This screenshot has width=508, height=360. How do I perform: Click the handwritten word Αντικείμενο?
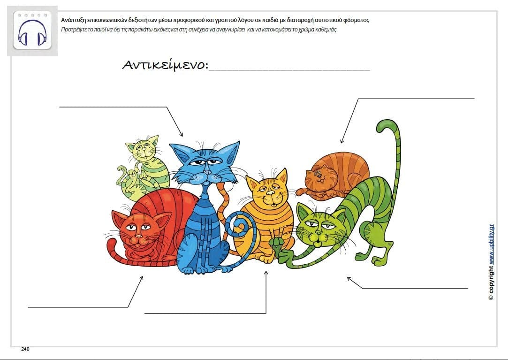pyautogui.click(x=165, y=65)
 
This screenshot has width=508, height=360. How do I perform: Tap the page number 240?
pyautogui.click(x=25, y=349)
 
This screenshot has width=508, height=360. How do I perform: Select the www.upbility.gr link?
pyautogui.click(x=491, y=244)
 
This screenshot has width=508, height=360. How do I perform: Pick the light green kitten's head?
pyautogui.click(x=143, y=148)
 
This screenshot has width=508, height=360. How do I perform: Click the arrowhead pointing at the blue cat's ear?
pyautogui.click(x=182, y=134)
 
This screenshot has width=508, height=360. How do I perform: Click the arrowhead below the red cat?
pyautogui.click(x=142, y=278)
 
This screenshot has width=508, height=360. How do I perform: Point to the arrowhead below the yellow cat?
pyautogui.click(x=266, y=273)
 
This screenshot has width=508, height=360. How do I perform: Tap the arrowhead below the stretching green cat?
pyautogui.click(x=349, y=279)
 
